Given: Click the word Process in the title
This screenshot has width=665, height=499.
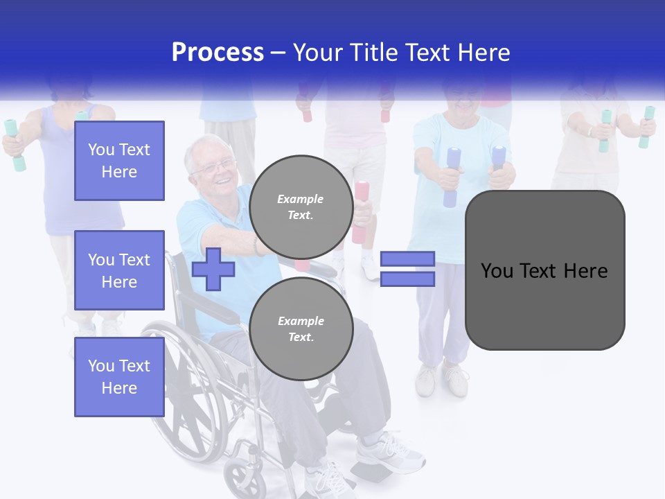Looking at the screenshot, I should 218,53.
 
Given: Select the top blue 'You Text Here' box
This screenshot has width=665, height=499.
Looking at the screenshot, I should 119,161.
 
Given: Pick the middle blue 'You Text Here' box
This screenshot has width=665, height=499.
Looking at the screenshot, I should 119,270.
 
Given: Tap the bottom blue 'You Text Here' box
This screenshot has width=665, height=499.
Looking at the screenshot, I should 119,377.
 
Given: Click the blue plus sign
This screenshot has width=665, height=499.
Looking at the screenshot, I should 213,269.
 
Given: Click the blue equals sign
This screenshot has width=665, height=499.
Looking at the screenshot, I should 407,269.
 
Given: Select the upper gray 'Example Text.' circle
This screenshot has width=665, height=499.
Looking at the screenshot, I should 301,207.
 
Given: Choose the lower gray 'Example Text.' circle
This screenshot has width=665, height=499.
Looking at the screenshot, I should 301,329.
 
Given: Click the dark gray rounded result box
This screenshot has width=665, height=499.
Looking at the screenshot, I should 544,270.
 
